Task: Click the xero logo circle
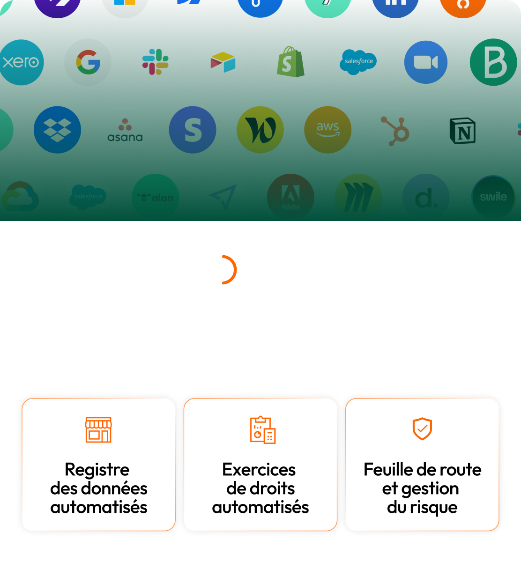pyautogui.click(x=21, y=62)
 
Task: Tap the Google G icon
pyautogui.click(x=88, y=62)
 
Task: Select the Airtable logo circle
pyautogui.click(x=223, y=62)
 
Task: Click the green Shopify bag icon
pyautogui.click(x=290, y=62)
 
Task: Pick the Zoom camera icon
pyautogui.click(x=425, y=62)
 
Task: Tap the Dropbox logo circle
pyautogui.click(x=57, y=130)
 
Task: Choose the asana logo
pyautogui.click(x=125, y=130)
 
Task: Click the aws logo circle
pyautogui.click(x=327, y=130)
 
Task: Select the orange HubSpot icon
pyautogui.click(x=395, y=130)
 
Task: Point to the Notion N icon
pyautogui.click(x=463, y=130)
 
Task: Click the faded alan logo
pyautogui.click(x=155, y=198)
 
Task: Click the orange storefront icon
pyautogui.click(x=98, y=430)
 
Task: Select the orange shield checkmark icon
pyautogui.click(x=422, y=429)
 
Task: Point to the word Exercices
pyautogui.click(x=259, y=469)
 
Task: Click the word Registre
pyautogui.click(x=97, y=469)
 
